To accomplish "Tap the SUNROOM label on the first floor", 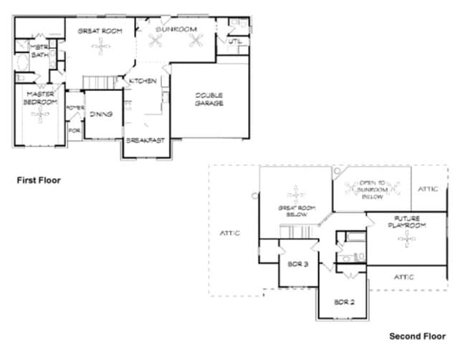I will (176, 29).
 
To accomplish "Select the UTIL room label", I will (234, 42).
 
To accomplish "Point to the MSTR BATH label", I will (38, 51).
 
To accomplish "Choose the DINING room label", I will (100, 113).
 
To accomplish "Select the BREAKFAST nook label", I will (146, 141).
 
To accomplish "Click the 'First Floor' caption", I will (39, 181).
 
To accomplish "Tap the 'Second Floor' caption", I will (417, 336).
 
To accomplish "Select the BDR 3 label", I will (298, 265).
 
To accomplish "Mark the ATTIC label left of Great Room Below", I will (229, 233).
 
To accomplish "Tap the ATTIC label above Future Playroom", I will (428, 189).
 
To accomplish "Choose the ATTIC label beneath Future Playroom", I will (405, 276).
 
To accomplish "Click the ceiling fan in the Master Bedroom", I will (44, 115).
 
